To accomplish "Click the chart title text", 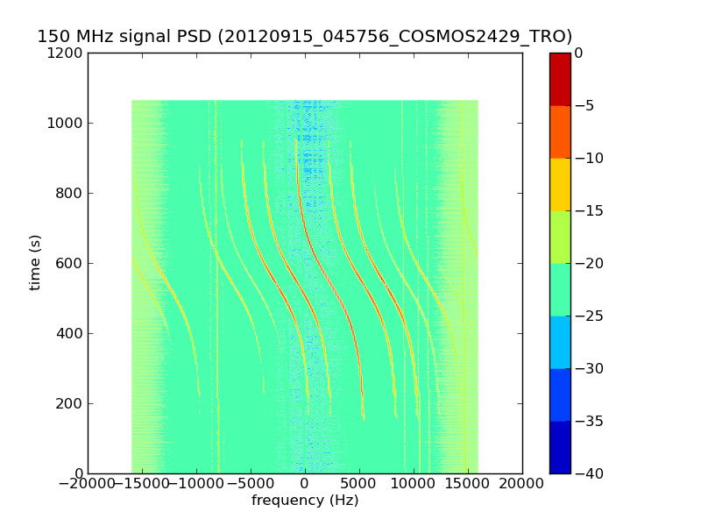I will [304, 37].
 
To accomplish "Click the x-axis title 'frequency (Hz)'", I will [305, 501].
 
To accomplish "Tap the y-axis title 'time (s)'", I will [35, 262].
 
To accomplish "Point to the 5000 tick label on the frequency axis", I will [359, 483].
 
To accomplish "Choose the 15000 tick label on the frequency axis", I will [468, 483].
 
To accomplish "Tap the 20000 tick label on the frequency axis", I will [522, 483].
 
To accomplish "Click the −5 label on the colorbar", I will [584, 105].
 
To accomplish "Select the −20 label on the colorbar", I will [588, 263].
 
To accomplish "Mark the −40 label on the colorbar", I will [588, 473].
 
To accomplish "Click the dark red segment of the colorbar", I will [560, 79].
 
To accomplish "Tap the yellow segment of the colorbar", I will [560, 184].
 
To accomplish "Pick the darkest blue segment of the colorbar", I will [560, 447].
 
